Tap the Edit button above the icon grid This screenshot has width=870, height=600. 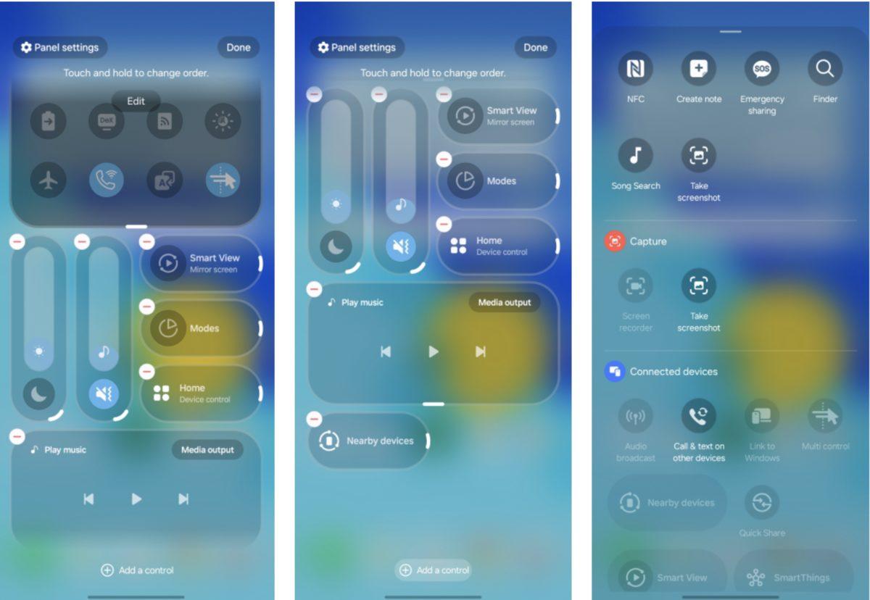(x=136, y=101)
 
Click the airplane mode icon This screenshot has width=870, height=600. (x=48, y=180)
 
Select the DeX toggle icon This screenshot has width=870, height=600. (x=107, y=122)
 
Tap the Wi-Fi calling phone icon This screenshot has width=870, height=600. (x=107, y=180)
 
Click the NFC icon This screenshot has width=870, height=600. (x=635, y=69)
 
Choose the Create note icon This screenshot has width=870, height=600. (x=699, y=69)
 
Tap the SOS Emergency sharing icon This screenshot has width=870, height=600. (x=762, y=69)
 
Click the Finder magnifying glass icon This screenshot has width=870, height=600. (x=825, y=69)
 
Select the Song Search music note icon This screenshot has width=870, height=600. (x=635, y=155)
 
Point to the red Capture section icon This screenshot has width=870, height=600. (x=615, y=241)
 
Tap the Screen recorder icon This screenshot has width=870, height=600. (x=635, y=286)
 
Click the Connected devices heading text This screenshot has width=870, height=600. (x=674, y=372)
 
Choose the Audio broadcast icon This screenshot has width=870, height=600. (x=635, y=416)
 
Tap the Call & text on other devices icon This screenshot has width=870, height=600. (x=699, y=416)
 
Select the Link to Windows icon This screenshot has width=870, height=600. (x=762, y=416)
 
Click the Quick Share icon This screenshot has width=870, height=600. (x=762, y=503)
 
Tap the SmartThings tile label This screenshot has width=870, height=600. (x=802, y=578)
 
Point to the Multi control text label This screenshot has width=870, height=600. (x=825, y=446)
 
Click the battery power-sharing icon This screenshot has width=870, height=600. (x=48, y=122)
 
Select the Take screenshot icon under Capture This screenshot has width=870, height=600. (x=699, y=286)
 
